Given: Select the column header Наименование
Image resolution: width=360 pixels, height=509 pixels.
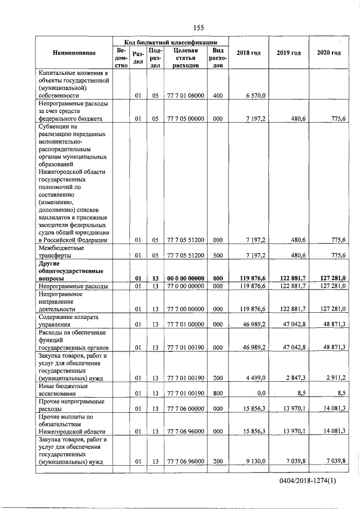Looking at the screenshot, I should [x=74, y=53].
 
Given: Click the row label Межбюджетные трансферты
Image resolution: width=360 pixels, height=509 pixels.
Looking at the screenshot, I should [x=61, y=251].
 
